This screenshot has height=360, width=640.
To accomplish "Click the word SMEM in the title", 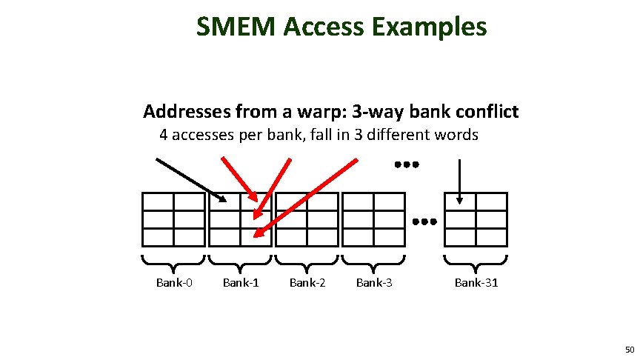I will [236, 27].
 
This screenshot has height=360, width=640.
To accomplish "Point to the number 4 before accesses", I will [164, 136].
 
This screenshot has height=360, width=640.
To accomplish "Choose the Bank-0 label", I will [174, 282].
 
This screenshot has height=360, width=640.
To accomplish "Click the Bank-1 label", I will [241, 282].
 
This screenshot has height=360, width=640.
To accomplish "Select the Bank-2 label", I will [307, 282].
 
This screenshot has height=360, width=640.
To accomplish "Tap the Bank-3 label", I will [374, 282].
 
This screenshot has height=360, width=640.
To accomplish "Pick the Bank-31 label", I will [476, 282].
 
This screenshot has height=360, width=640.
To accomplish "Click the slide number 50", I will [629, 349].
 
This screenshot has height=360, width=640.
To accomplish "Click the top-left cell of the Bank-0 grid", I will [158, 201].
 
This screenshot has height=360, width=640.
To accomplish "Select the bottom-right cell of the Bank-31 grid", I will [491, 237].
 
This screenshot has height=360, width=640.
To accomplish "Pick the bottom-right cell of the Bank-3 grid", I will [389, 237].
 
